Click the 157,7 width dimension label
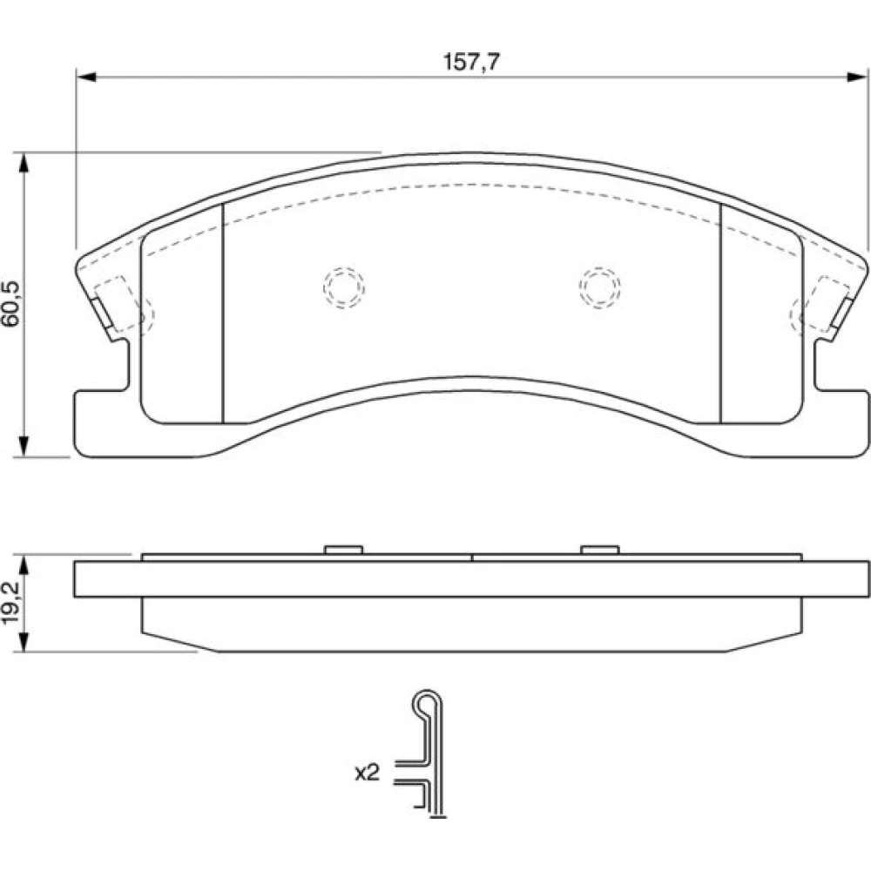click(x=471, y=62)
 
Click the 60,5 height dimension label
click(x=11, y=304)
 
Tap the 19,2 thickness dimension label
click(x=11, y=604)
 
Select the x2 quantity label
click(x=367, y=773)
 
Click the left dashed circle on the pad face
click(x=344, y=287)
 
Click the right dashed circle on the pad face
click(x=599, y=287)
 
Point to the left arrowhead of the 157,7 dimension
click(x=86, y=77)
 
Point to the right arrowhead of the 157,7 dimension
click(x=857, y=77)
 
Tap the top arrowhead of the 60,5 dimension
click(x=24, y=162)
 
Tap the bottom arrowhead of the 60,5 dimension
click(x=24, y=447)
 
